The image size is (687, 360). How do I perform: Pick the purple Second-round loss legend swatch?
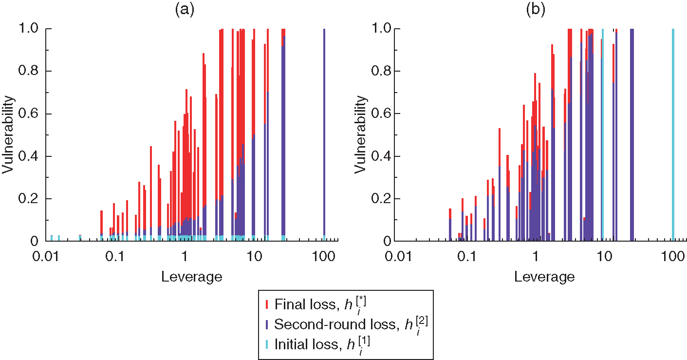click(x=266, y=324)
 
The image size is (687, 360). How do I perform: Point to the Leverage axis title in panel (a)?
click(x=191, y=277)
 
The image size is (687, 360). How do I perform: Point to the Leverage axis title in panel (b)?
click(x=544, y=277)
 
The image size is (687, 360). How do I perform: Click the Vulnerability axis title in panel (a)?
click(x=8, y=135)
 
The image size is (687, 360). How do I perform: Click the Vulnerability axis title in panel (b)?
click(x=360, y=135)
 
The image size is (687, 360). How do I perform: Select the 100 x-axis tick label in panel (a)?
click(x=324, y=256)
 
